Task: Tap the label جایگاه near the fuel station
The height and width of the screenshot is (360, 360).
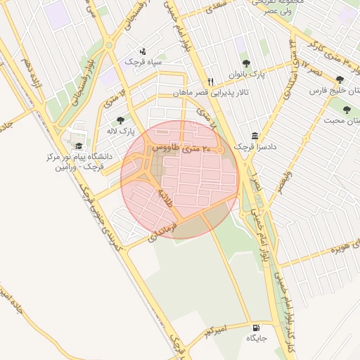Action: (x=256, y=339)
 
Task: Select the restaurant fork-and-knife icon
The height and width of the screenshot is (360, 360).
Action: (x=210, y=81)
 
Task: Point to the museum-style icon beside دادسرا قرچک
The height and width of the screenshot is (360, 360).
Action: (x=254, y=136)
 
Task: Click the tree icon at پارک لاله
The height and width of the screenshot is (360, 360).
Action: (x=120, y=120)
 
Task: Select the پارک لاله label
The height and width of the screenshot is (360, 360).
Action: (x=122, y=131)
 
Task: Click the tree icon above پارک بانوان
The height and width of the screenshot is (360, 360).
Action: (x=245, y=63)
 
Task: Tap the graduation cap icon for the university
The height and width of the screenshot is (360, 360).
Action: (x=78, y=146)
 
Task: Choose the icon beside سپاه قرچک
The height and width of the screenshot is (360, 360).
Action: (x=143, y=51)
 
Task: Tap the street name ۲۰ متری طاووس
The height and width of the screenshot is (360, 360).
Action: (x=182, y=148)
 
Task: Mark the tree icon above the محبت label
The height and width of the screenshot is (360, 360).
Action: (x=346, y=109)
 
